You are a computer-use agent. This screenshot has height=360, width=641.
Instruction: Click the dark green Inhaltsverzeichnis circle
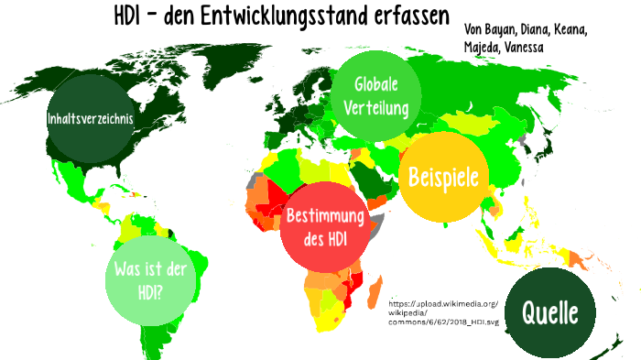tap(91, 119)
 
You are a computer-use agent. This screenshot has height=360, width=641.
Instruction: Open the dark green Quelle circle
tap(549, 313)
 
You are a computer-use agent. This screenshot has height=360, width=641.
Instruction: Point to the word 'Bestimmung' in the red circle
tap(326, 218)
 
